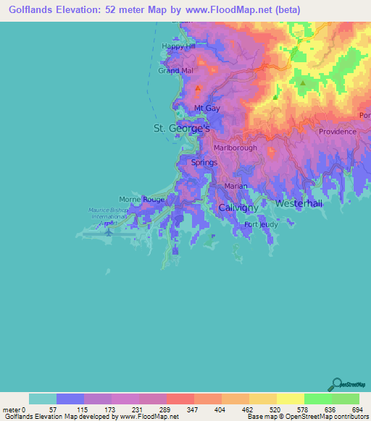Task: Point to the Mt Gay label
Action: [207, 108]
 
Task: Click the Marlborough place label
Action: [235, 148]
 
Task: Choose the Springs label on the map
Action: [204, 163]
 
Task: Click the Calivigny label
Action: [238, 208]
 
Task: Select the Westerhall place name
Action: [299, 204]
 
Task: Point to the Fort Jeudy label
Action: [260, 225]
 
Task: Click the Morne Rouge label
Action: [142, 199]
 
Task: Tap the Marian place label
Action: [235, 187]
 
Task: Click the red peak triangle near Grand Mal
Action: [198, 88]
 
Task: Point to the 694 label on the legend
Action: [358, 409]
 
